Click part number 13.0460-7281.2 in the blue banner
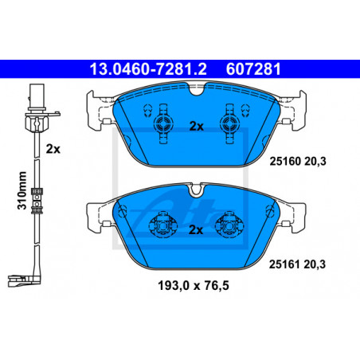click(x=148, y=69)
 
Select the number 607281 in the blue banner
click(x=253, y=69)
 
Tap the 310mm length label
click(x=22, y=190)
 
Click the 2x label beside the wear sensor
click(x=53, y=149)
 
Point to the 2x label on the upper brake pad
click(x=196, y=127)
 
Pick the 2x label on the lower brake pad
click(x=196, y=230)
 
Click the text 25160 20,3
click(x=298, y=161)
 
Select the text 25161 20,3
click(x=297, y=264)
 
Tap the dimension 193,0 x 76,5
click(x=194, y=286)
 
